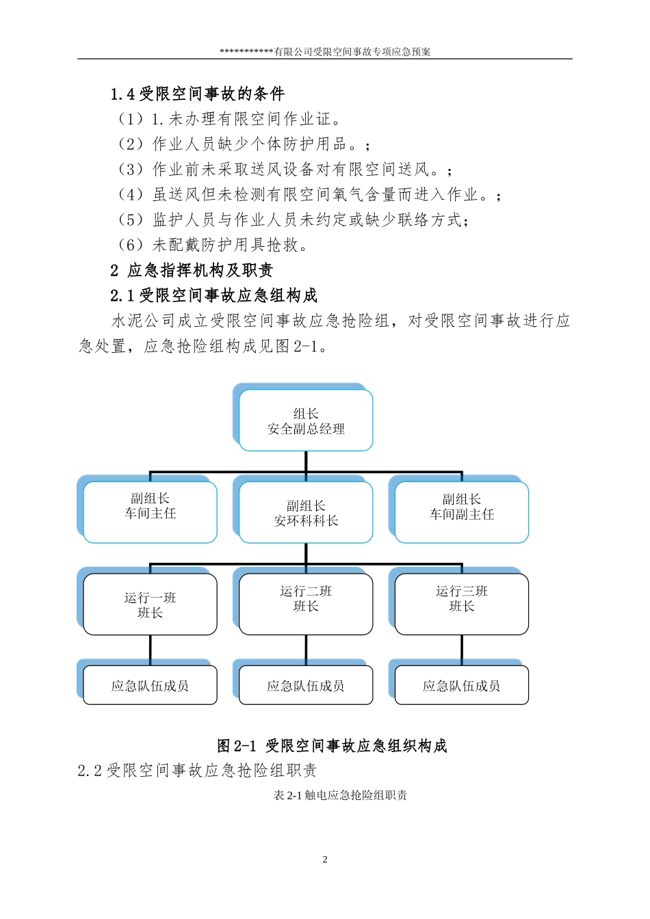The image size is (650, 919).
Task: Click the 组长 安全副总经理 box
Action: pyautogui.click(x=306, y=421)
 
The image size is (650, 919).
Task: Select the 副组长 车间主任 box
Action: pyautogui.click(x=150, y=512)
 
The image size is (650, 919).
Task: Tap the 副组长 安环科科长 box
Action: pyautogui.click(x=306, y=513)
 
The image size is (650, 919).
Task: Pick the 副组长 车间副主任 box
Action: pyautogui.click(x=462, y=512)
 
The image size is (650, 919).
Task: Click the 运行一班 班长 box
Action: pyautogui.click(x=150, y=604)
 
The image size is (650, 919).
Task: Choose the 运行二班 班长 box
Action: pyautogui.click(x=306, y=604)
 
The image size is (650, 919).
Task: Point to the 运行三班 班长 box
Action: pyautogui.click(x=462, y=604)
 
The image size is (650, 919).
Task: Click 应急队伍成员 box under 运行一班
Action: pyautogui.click(x=150, y=685)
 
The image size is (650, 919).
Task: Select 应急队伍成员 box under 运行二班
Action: pyautogui.click(x=306, y=685)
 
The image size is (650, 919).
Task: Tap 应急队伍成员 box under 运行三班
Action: pyautogui.click(x=462, y=685)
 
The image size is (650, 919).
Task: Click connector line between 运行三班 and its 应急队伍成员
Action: pyautogui.click(x=462, y=650)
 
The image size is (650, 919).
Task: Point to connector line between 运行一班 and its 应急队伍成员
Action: pyautogui.click(x=150, y=650)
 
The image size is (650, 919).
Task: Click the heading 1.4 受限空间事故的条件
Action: pyautogui.click(x=198, y=94)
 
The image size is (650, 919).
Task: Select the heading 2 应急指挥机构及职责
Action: pyautogui.click(x=192, y=270)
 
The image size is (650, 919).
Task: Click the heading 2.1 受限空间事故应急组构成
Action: pyautogui.click(x=214, y=295)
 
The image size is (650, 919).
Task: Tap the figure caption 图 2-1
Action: pyautogui.click(x=332, y=745)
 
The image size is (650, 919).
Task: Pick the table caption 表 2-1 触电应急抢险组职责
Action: pyautogui.click(x=340, y=795)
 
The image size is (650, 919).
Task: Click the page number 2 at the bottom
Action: pyautogui.click(x=325, y=860)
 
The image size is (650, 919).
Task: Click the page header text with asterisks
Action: pyautogui.click(x=325, y=51)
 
